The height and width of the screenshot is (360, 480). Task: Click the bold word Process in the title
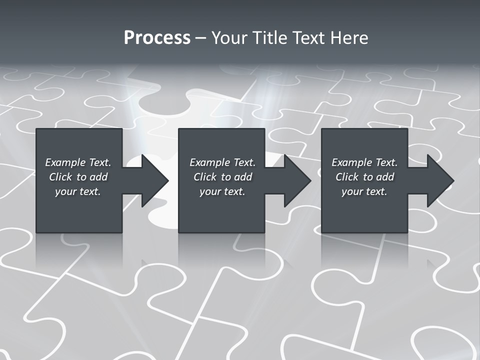pyautogui.click(x=157, y=38)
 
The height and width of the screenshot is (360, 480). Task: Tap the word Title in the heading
pyautogui.click(x=271, y=38)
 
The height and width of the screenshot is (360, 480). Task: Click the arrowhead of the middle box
pyautogui.click(x=296, y=180)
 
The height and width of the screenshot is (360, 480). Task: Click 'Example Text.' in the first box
pyautogui.click(x=78, y=162)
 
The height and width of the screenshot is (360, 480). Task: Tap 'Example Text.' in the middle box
pyautogui.click(x=222, y=162)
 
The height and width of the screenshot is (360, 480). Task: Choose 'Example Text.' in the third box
pyautogui.click(x=364, y=162)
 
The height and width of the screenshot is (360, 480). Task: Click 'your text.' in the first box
pyautogui.click(x=78, y=191)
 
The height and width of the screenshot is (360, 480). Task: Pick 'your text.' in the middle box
pyautogui.click(x=222, y=191)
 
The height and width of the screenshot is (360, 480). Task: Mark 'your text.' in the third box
pyautogui.click(x=364, y=191)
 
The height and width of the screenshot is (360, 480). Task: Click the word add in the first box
pyautogui.click(x=99, y=177)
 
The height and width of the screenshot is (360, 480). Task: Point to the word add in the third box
pyautogui.click(x=385, y=177)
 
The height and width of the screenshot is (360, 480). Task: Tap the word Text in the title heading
pyautogui.click(x=307, y=38)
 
